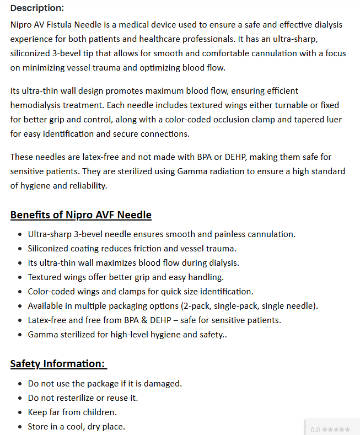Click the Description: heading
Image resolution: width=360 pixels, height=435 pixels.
coord(37,8)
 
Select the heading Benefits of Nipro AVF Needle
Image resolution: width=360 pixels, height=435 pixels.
coord(80,214)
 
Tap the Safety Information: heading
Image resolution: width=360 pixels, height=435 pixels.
coord(58,363)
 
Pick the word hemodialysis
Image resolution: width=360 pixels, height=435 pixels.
coord(37,105)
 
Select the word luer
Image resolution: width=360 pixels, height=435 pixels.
coord(331,119)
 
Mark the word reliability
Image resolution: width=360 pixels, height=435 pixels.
coord(85,185)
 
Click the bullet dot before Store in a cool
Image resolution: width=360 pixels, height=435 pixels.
coord(20,427)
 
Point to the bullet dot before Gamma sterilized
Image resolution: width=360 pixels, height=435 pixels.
coord(20,335)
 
